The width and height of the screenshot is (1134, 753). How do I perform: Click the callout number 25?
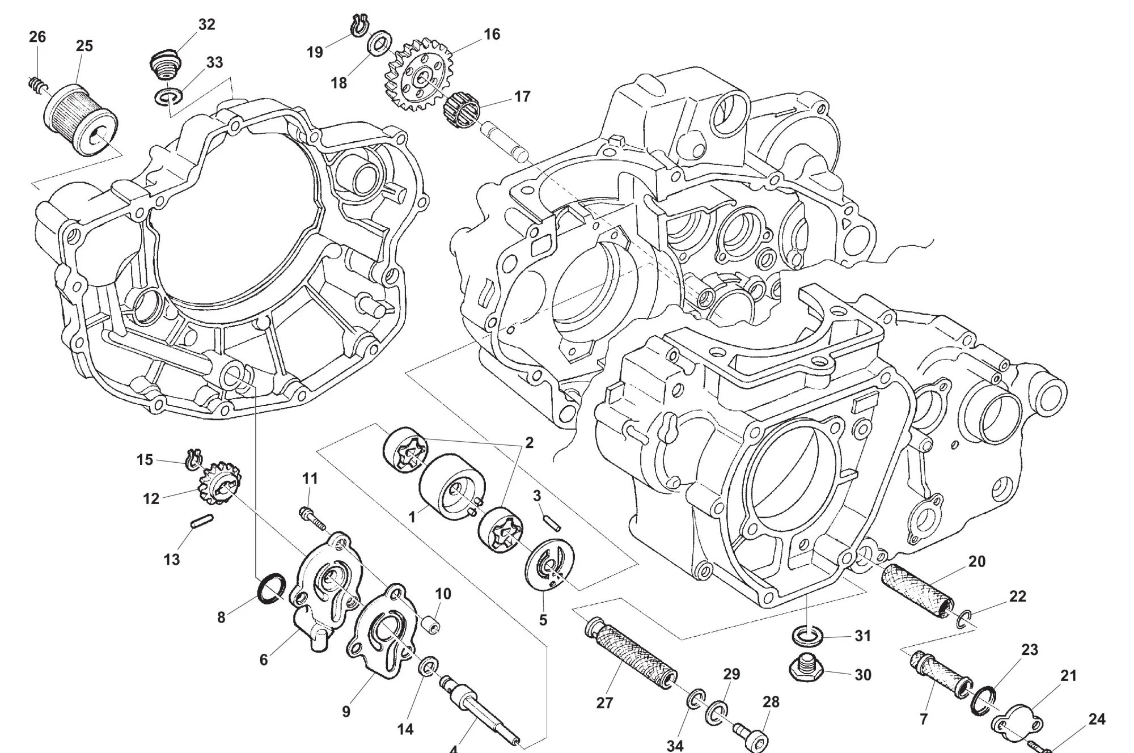point(84,46)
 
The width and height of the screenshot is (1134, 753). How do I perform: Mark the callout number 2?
point(529,443)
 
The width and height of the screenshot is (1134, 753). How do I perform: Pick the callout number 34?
point(675,745)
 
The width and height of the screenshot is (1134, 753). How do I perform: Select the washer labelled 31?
point(807,636)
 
